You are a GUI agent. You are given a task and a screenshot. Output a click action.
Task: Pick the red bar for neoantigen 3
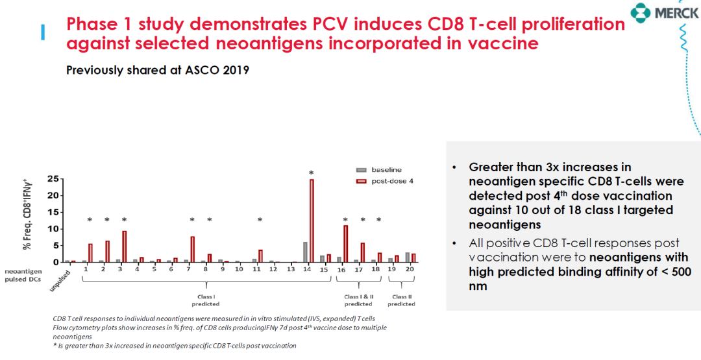point(124,246)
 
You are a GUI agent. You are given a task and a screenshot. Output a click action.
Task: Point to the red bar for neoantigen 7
point(193,249)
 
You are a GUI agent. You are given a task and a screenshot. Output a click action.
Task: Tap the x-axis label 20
point(410,269)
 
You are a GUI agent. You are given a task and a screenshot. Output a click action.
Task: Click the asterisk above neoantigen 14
point(312,173)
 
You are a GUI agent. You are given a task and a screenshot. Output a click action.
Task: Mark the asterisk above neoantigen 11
point(260,221)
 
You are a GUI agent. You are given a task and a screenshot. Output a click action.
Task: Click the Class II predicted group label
point(401,300)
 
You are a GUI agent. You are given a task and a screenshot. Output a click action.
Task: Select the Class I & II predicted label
point(358,300)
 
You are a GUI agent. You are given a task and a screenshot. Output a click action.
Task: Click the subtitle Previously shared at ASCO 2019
point(158,70)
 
